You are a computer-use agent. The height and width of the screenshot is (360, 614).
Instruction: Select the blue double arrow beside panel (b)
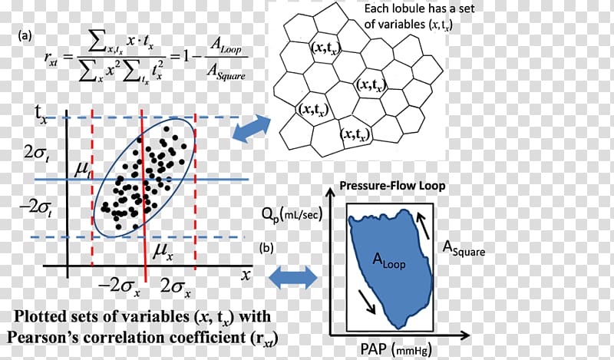[295, 276]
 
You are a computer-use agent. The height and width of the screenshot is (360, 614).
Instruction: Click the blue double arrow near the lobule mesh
[251, 129]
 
